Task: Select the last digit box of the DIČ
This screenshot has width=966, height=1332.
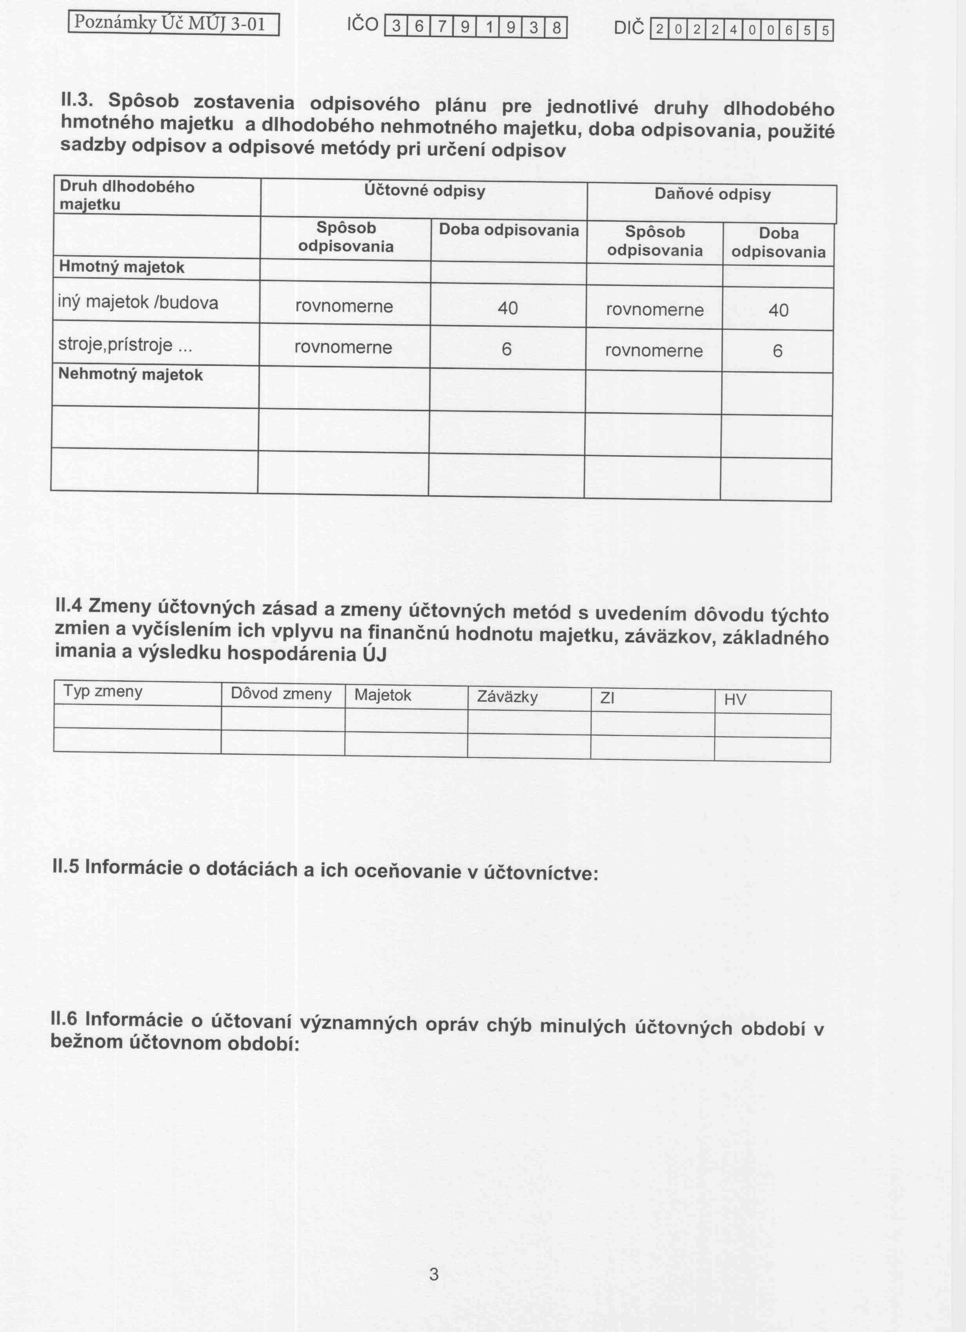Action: click(824, 31)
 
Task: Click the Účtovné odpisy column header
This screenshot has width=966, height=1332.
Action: click(424, 191)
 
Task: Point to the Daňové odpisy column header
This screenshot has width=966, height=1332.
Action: click(712, 195)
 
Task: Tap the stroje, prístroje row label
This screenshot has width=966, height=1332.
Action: click(125, 345)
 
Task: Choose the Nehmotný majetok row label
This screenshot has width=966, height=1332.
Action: click(131, 375)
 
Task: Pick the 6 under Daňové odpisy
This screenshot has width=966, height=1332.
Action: click(777, 351)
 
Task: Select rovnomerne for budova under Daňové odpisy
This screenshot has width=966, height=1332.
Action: click(655, 310)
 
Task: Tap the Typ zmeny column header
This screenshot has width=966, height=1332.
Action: click(103, 691)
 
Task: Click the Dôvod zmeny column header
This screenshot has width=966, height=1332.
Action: click(281, 694)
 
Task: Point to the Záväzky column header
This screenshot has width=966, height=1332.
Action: click(507, 697)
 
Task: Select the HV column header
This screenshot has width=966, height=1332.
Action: click(735, 700)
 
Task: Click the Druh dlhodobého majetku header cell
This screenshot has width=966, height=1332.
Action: click(127, 196)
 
